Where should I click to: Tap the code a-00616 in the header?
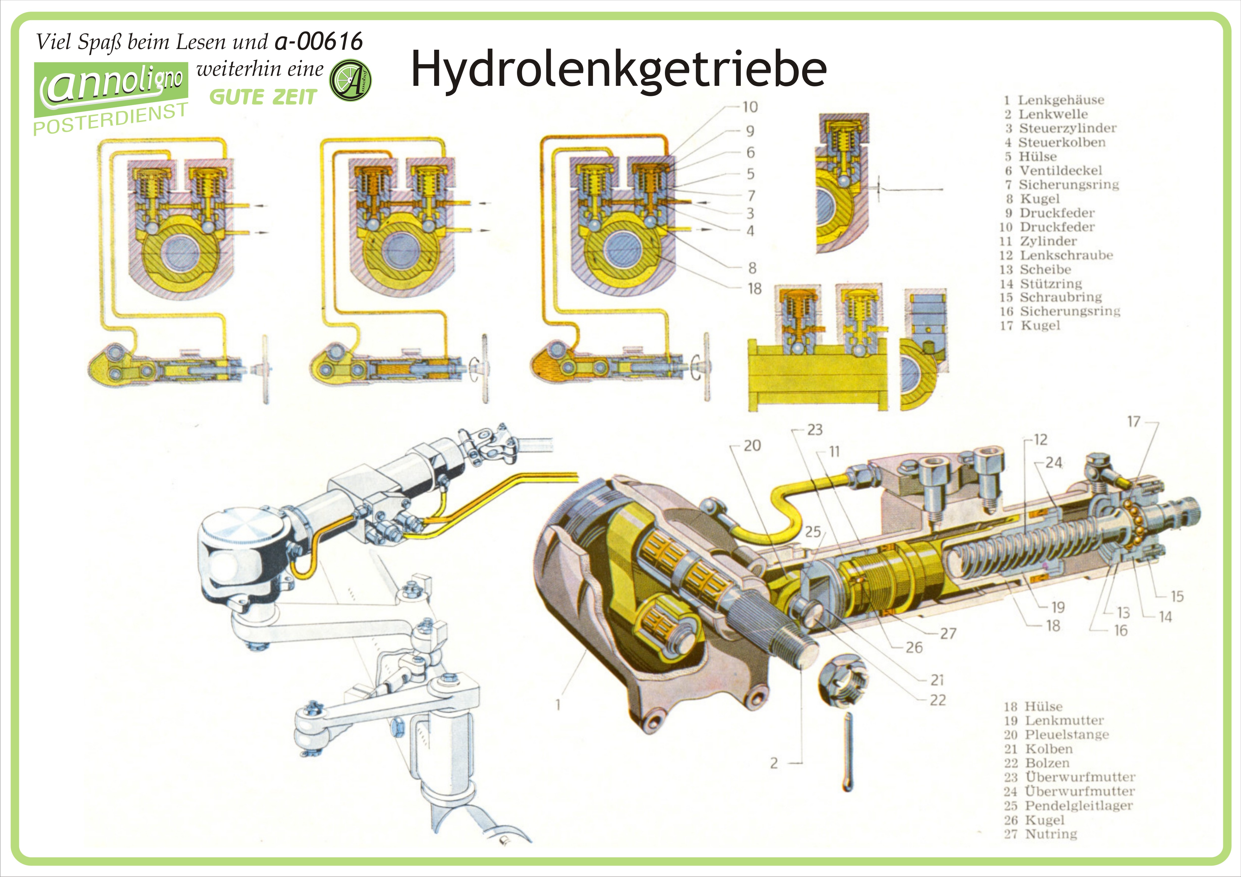point(319,42)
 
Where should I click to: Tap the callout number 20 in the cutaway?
point(752,446)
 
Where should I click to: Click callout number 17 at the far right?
point(1133,422)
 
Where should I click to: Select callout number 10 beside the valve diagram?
point(750,107)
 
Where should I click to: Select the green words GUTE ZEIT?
point(263,97)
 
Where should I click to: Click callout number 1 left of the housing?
point(558,705)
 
